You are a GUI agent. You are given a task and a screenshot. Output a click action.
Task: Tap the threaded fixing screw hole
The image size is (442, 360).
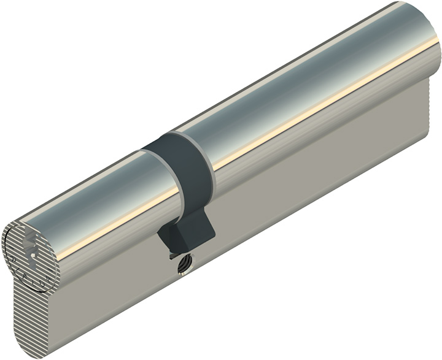tap(182, 264)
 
